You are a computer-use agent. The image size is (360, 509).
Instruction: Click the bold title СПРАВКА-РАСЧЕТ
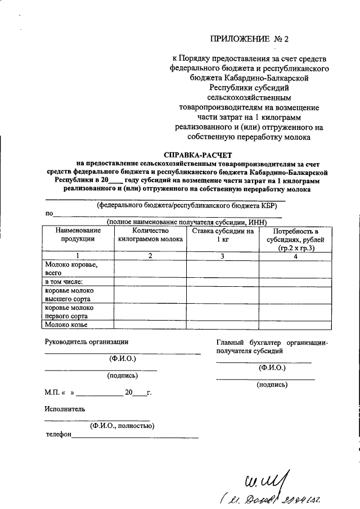coord(197,154)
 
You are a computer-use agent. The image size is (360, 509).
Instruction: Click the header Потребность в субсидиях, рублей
coord(295,239)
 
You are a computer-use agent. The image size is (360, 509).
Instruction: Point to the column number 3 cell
coord(222,256)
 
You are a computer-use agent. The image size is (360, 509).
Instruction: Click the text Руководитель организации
coord(87,341)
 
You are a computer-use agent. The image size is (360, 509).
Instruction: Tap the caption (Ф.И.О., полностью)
coord(122,426)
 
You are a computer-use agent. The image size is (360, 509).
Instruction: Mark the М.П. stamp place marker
coord(51,392)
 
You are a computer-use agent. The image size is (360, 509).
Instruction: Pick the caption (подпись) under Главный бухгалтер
coord(272,385)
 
